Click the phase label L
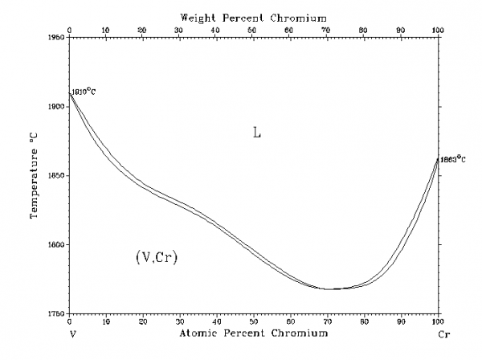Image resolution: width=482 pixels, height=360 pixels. (257, 133)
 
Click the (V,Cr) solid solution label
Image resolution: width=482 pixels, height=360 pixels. (157, 258)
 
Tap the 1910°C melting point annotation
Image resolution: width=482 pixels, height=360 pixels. (84, 92)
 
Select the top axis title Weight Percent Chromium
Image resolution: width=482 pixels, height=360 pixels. (254, 16)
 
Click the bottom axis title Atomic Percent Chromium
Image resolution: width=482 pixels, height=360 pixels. (254, 333)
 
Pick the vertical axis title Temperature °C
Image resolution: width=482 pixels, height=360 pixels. (35, 176)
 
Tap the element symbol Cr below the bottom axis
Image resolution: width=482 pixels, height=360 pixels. (441, 332)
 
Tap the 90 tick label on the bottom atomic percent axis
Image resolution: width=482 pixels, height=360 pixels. (401, 321)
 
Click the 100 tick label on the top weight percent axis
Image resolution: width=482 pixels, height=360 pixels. (437, 30)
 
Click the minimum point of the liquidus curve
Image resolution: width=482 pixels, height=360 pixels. (329, 288)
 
